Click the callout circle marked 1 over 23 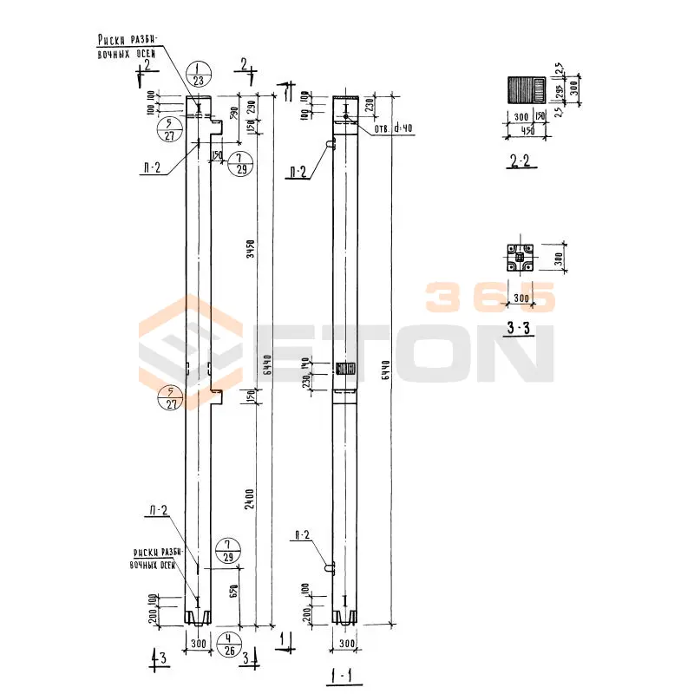click(x=200, y=75)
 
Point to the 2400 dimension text click(x=252, y=499)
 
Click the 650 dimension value click(x=235, y=593)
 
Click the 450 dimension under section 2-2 click(x=524, y=132)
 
